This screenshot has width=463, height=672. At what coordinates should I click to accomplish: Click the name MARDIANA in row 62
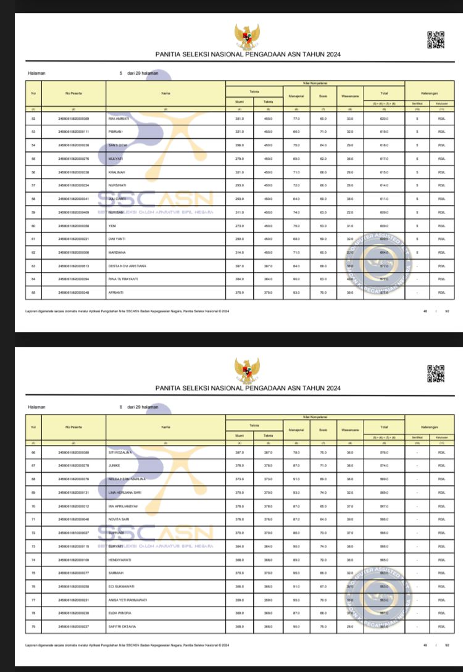[x=117, y=252]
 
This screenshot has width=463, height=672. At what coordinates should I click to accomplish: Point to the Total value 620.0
[x=384, y=118]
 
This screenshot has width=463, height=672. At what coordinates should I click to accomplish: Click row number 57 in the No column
[x=33, y=185]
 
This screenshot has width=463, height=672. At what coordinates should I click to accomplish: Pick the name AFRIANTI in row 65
[x=116, y=292]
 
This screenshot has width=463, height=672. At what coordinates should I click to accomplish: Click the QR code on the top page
[x=436, y=39]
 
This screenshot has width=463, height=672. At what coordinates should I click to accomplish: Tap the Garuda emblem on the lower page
[x=247, y=370]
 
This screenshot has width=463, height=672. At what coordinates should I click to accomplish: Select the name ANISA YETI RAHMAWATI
[x=127, y=600]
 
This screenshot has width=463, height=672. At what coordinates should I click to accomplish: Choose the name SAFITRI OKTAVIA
[x=122, y=627]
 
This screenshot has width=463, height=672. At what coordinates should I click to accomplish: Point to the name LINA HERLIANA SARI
[x=125, y=493]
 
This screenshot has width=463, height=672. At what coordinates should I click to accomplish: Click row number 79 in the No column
[x=33, y=627]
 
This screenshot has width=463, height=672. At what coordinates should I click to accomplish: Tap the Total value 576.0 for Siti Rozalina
[x=384, y=453]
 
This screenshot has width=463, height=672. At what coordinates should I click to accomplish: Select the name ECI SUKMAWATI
[x=121, y=587]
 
